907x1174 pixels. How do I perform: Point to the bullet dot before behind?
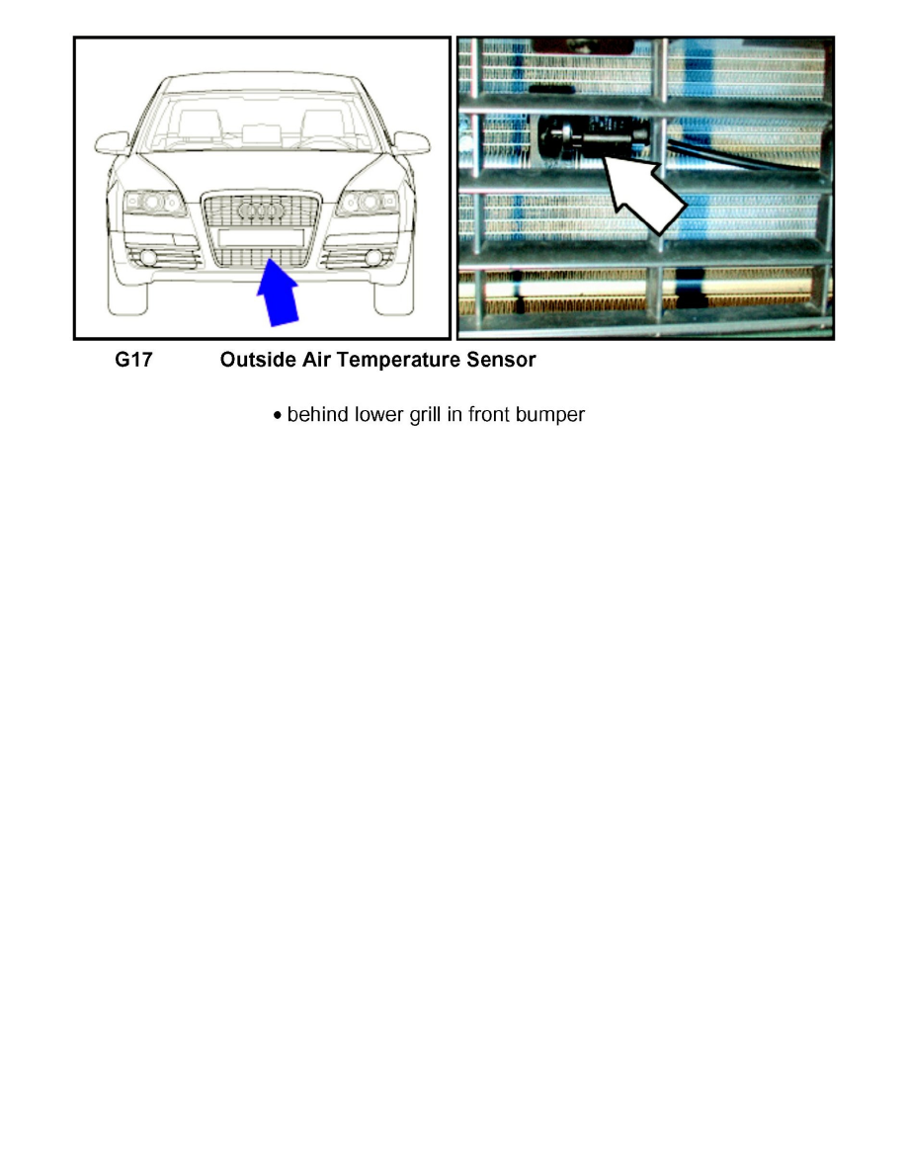pos(279,416)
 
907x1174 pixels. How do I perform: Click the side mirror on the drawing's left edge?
pos(111,142)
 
